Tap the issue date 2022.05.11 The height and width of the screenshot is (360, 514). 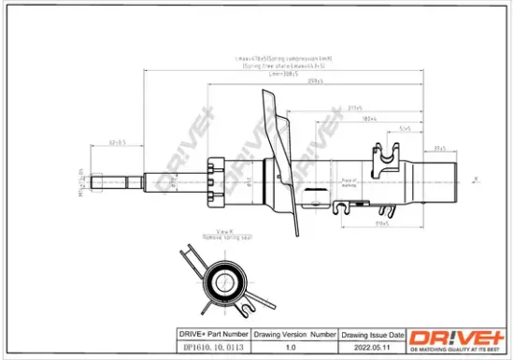click(372, 348)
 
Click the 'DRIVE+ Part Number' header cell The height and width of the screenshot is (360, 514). click(212, 334)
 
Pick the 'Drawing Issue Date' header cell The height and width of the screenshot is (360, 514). click(373, 334)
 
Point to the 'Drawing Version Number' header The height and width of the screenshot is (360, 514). click(294, 334)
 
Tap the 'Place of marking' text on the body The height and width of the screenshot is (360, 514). click(350, 180)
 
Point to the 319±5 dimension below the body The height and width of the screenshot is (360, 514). click(381, 223)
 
